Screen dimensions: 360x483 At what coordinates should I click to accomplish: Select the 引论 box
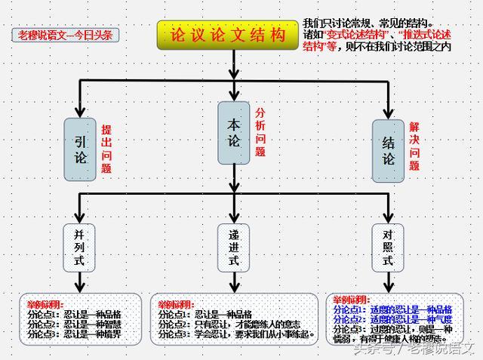click(x=82, y=149)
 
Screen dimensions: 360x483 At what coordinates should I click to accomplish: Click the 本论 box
click(x=234, y=132)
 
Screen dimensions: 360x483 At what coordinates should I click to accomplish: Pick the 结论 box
click(x=389, y=149)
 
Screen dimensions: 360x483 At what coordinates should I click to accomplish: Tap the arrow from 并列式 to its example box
click(x=79, y=284)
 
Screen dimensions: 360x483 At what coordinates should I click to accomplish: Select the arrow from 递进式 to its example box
click(x=234, y=284)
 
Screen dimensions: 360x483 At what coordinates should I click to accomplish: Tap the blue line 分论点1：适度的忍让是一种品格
click(x=391, y=309)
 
